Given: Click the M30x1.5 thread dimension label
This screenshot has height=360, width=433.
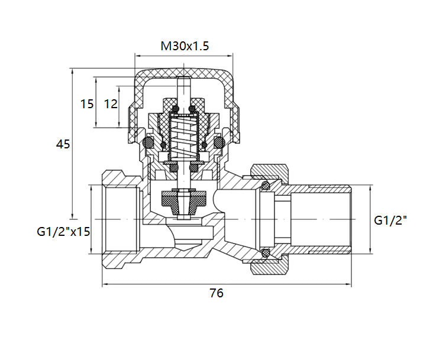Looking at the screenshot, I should tap(185, 46).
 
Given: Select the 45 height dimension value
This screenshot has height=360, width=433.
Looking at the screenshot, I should tap(63, 144).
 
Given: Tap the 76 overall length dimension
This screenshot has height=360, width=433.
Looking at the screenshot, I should tap(217, 293).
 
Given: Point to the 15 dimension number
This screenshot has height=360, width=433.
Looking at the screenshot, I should tap(87, 104).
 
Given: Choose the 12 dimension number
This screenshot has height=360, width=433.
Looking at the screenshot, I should tap(110, 104).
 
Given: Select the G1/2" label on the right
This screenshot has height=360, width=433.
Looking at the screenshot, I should tap(391, 220).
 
